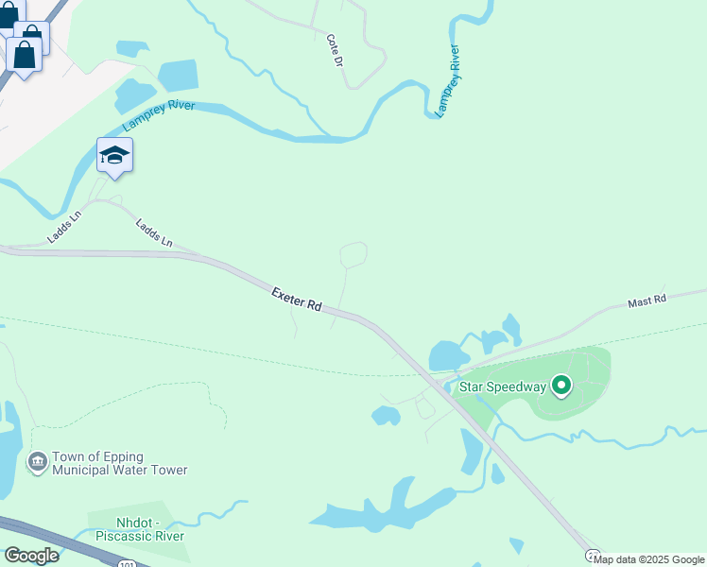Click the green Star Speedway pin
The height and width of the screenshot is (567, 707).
(562, 385)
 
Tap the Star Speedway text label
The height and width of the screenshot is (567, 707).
(502, 386)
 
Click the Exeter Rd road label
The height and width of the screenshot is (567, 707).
(297, 301)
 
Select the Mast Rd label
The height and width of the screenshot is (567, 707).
(647, 301)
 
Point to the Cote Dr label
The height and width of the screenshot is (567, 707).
(334, 50)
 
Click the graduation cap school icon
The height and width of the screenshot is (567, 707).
(114, 156)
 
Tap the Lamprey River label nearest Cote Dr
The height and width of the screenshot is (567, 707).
(447, 81)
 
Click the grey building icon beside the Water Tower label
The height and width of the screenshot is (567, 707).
(38, 462)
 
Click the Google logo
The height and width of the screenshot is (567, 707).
(31, 556)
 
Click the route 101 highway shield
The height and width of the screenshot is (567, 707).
(127, 563)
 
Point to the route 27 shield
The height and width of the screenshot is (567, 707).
(593, 557)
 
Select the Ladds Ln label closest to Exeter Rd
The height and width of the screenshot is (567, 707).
(154, 233)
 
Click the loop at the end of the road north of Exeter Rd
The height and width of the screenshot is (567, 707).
(353, 253)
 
